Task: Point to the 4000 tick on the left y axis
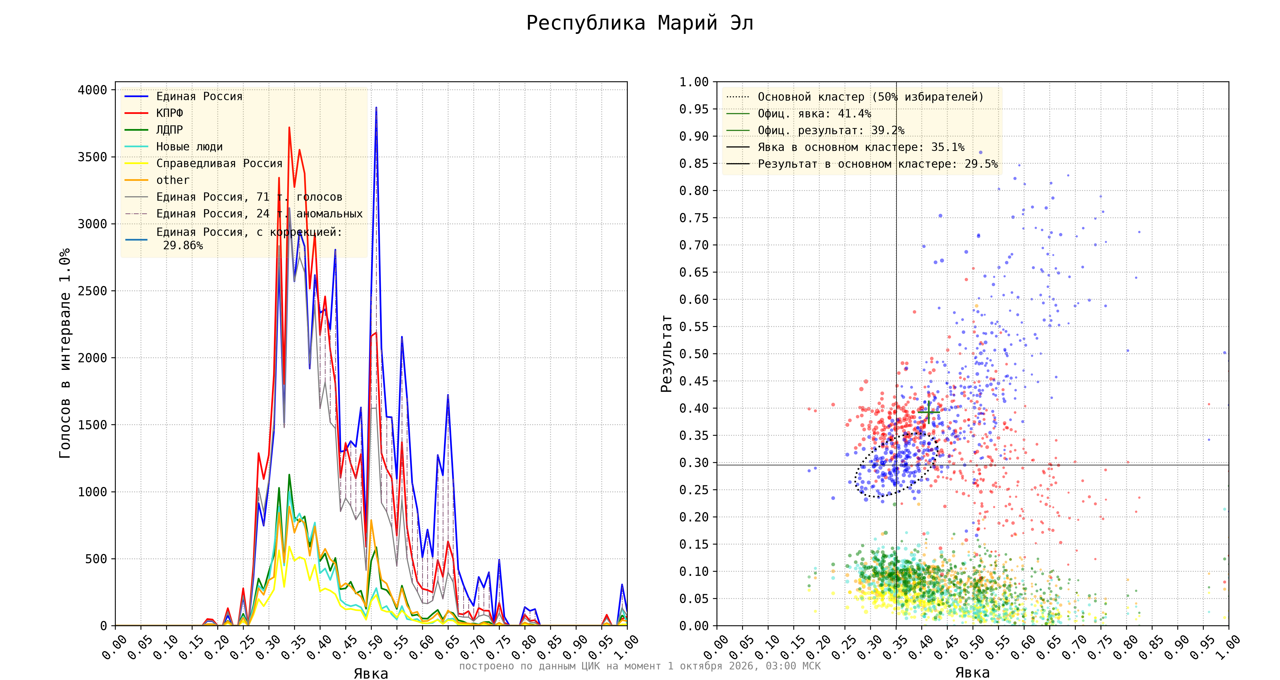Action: [93, 90]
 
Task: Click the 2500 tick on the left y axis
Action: [93, 291]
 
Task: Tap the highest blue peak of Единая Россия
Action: [376, 107]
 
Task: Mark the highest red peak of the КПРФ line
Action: [289, 127]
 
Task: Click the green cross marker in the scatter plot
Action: [929, 412]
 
